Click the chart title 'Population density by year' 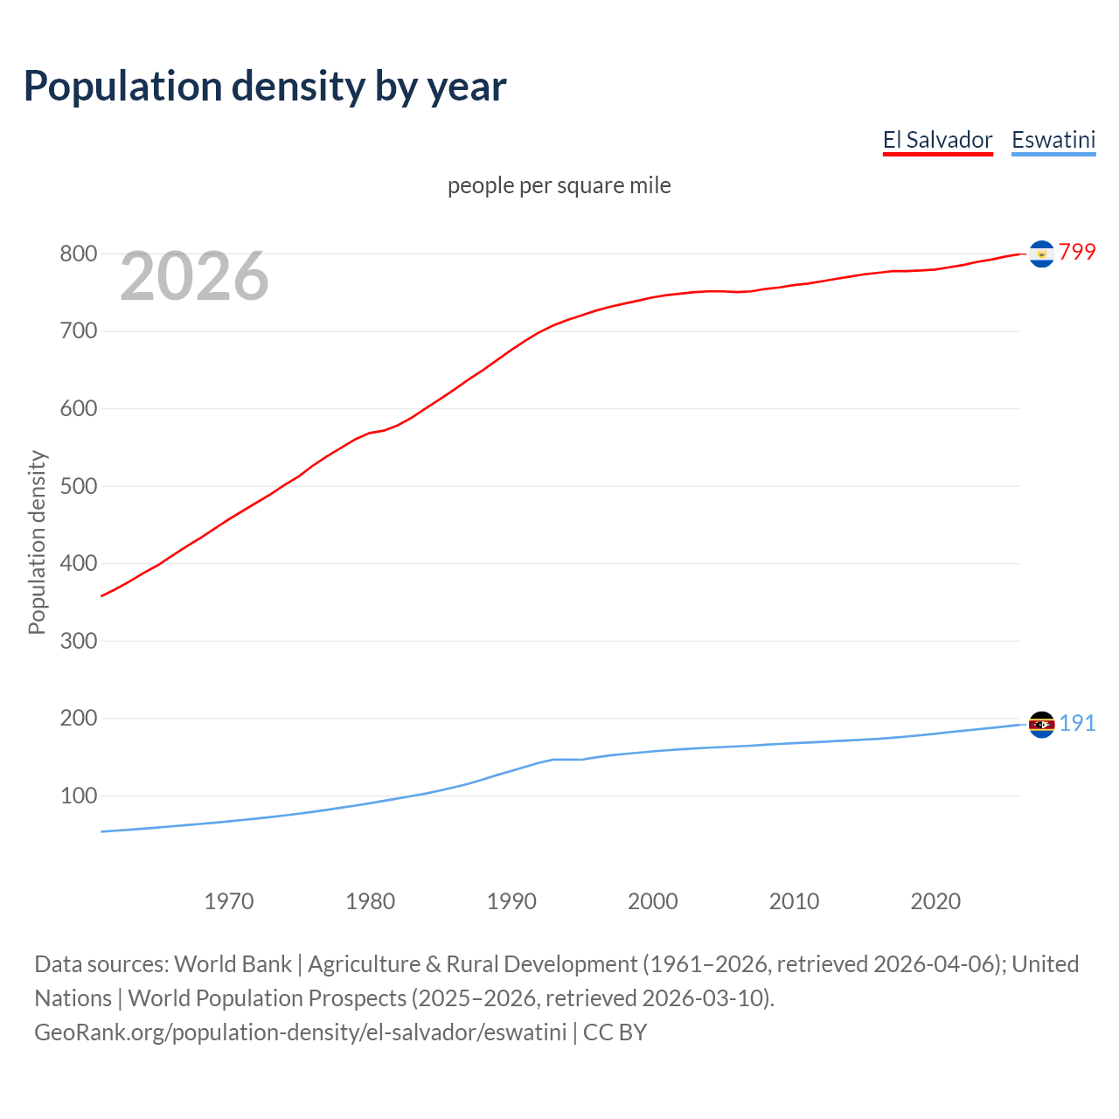[265, 86]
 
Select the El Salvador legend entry [937, 140]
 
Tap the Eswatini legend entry [1053, 140]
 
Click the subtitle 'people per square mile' [559, 185]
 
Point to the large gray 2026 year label [194, 276]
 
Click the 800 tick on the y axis [78, 254]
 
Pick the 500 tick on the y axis [78, 486]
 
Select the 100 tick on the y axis [78, 796]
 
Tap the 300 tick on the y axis [78, 641]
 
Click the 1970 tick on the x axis [229, 901]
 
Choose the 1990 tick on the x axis [511, 901]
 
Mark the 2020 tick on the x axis [935, 901]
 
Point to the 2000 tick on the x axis [653, 901]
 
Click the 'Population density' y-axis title [37, 542]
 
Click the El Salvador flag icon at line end [1041, 254]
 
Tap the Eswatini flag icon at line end [1041, 725]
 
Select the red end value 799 [1077, 252]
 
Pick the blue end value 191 [1077, 723]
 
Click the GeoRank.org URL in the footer [300, 1032]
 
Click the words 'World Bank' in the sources [233, 964]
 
